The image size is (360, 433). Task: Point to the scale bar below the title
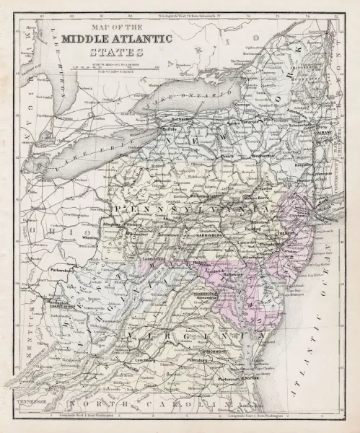[x=116, y=66]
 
